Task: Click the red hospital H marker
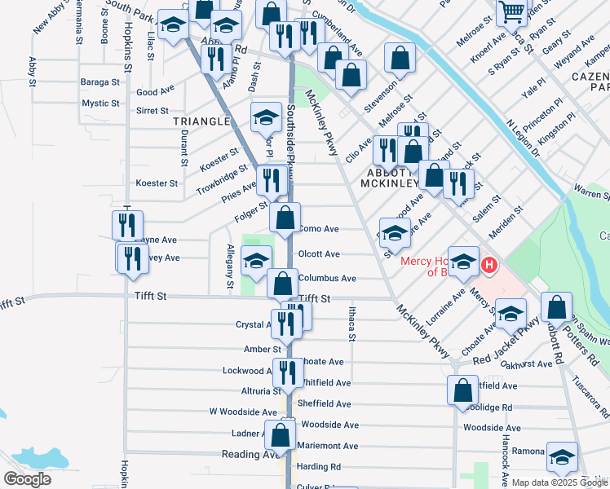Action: tap(489, 265)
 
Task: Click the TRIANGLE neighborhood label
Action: tap(202, 121)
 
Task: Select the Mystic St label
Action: tap(101, 104)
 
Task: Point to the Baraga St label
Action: tap(100, 82)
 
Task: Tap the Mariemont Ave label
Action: tap(328, 446)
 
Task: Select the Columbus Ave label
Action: tap(327, 278)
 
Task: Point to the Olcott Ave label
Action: tap(319, 254)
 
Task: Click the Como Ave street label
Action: tap(319, 230)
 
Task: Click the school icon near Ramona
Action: tap(562, 458)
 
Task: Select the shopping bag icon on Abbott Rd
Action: tap(556, 307)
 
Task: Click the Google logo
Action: tap(27, 479)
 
